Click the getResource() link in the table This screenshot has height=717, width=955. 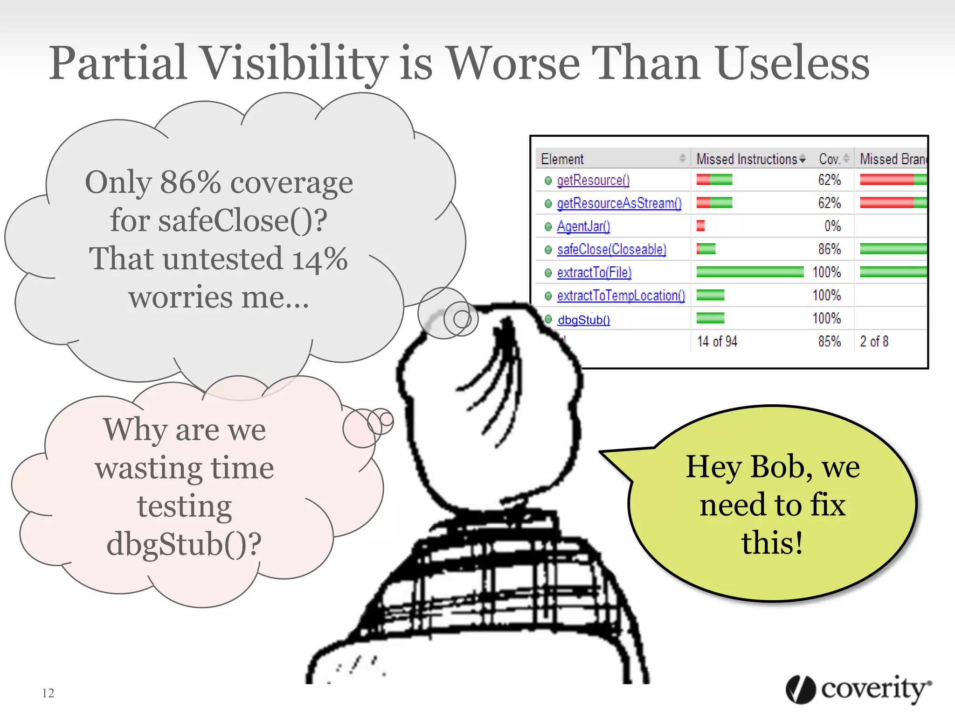point(593,180)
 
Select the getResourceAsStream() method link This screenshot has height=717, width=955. point(619,203)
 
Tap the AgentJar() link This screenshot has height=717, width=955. point(583,226)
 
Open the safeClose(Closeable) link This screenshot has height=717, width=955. point(611,249)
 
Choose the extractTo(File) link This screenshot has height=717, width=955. point(594,272)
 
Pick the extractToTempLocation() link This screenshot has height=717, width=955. point(621,295)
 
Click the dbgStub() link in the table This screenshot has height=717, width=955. point(583,320)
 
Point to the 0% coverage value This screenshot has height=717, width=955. point(832,226)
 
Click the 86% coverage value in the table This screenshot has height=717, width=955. point(829,249)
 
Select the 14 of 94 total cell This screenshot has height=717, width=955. point(717,342)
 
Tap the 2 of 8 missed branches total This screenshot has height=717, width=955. point(874,342)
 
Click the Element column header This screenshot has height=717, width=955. point(562,159)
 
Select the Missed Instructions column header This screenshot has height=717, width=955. point(747,159)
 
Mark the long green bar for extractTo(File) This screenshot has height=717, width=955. point(749,272)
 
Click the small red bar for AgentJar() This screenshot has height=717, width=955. point(700,226)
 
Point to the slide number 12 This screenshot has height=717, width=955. point(48,693)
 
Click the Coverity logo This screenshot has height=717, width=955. point(858,689)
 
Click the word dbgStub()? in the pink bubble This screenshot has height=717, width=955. point(184,544)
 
